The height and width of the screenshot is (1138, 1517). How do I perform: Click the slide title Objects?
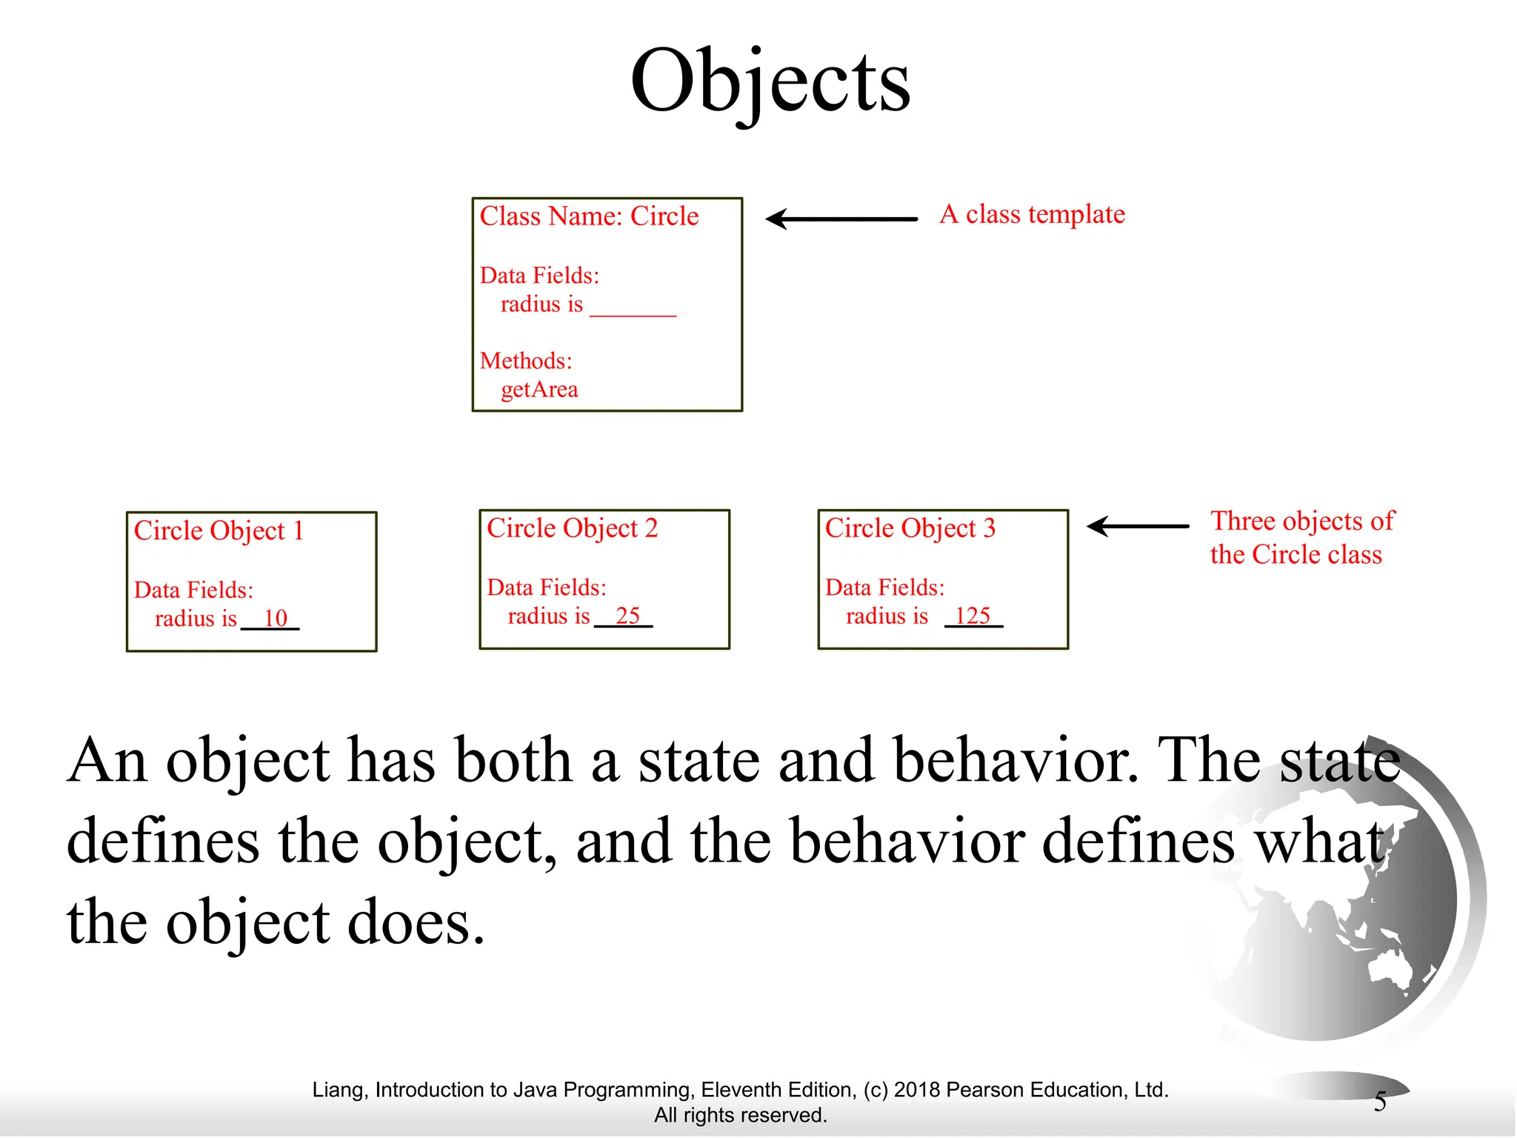coord(770,81)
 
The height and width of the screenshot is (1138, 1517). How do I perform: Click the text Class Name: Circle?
coord(589,216)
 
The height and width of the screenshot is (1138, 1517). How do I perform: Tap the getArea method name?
coord(539,390)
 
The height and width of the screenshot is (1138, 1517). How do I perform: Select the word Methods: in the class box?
coord(526,361)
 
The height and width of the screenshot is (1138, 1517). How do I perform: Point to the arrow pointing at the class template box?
coord(841,219)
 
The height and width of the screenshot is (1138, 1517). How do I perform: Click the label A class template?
coord(1032,214)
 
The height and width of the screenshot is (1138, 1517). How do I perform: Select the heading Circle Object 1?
coord(219,531)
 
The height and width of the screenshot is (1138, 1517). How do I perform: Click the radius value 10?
coord(275,618)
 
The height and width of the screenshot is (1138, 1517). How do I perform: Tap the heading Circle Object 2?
coord(572,528)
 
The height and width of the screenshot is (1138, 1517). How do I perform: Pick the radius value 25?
coord(627,616)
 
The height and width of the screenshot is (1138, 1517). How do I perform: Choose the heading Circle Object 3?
coord(910,528)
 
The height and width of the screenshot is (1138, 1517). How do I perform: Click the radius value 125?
coord(972,616)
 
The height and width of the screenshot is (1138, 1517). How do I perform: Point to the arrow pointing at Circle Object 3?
coord(1138,526)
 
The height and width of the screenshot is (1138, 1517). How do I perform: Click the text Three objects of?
coord(1302,521)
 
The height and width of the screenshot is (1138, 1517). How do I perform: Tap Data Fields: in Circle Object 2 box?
coord(547,588)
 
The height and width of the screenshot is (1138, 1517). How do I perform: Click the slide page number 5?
coord(1380,1102)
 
